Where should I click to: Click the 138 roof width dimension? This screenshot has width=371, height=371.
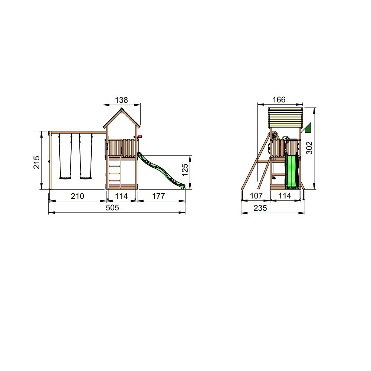click(x=121, y=100)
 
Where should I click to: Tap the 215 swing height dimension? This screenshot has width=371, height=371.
click(x=37, y=162)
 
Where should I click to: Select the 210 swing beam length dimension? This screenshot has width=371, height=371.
click(x=78, y=196)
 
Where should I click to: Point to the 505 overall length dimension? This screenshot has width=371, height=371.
click(x=112, y=208)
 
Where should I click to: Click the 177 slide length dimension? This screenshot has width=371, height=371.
click(x=158, y=196)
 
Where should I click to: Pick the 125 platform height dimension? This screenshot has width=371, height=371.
click(x=185, y=170)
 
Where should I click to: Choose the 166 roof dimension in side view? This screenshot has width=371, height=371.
click(x=279, y=99)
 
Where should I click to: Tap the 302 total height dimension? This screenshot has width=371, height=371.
click(x=309, y=148)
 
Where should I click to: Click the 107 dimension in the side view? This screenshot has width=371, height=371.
click(x=256, y=196)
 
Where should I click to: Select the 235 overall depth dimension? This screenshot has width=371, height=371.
click(x=260, y=208)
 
